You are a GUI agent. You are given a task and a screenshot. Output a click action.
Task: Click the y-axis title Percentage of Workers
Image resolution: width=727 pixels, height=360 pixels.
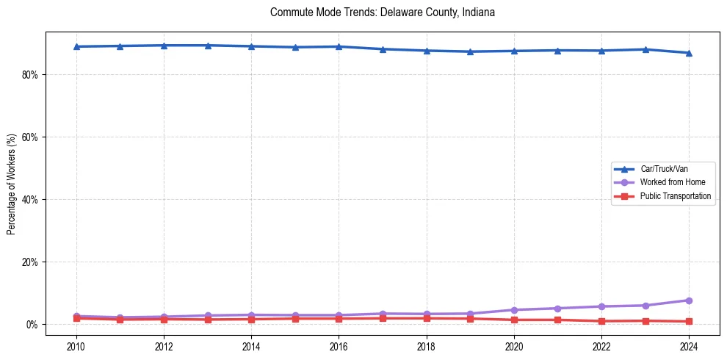(11, 184)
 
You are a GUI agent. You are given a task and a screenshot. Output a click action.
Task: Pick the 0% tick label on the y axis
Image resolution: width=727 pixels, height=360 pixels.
(32, 325)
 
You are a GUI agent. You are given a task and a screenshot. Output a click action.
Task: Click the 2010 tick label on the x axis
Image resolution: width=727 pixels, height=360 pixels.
(76, 345)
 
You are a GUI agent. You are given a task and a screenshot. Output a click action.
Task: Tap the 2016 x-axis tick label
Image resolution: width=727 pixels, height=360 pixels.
(339, 345)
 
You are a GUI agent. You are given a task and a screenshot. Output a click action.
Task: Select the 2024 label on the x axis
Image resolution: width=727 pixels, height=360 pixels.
(689, 345)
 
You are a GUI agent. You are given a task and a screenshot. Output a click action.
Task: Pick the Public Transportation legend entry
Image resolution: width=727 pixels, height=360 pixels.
(675, 196)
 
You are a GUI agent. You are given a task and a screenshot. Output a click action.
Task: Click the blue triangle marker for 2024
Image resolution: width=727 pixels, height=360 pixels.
(689, 53)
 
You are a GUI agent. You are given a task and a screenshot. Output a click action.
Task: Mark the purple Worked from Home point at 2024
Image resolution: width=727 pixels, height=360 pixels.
(689, 300)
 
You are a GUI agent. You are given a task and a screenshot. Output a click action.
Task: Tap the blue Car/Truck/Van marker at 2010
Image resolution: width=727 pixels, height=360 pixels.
(76, 46)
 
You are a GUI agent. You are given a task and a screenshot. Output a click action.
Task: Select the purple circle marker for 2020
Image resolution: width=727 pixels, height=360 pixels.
(514, 310)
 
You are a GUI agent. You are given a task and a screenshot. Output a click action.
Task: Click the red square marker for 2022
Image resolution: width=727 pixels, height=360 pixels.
(601, 321)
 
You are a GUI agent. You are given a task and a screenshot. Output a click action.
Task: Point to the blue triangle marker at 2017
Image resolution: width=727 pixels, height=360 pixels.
(383, 49)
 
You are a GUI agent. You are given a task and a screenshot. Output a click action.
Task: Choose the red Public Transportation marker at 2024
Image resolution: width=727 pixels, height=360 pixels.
(689, 321)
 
